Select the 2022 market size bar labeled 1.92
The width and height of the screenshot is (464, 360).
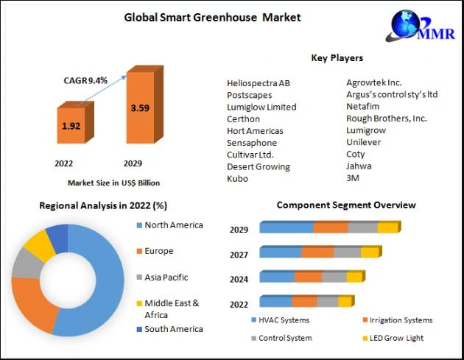click(x=71, y=126)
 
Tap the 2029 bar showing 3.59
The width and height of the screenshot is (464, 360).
click(x=139, y=108)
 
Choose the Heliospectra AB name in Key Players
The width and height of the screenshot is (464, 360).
click(x=259, y=82)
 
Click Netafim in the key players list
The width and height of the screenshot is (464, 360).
click(x=362, y=106)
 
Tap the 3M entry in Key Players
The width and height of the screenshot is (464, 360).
click(x=354, y=178)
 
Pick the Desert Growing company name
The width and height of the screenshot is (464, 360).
click(x=259, y=166)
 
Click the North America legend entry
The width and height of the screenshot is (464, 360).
click(x=173, y=225)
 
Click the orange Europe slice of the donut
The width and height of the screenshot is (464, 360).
click(x=33, y=304)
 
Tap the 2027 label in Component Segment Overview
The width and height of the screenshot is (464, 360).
click(x=239, y=254)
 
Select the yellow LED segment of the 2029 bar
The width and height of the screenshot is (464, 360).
click(x=387, y=228)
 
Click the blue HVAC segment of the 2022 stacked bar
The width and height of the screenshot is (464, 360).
click(x=275, y=301)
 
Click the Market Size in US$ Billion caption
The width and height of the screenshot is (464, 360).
click(x=113, y=183)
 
